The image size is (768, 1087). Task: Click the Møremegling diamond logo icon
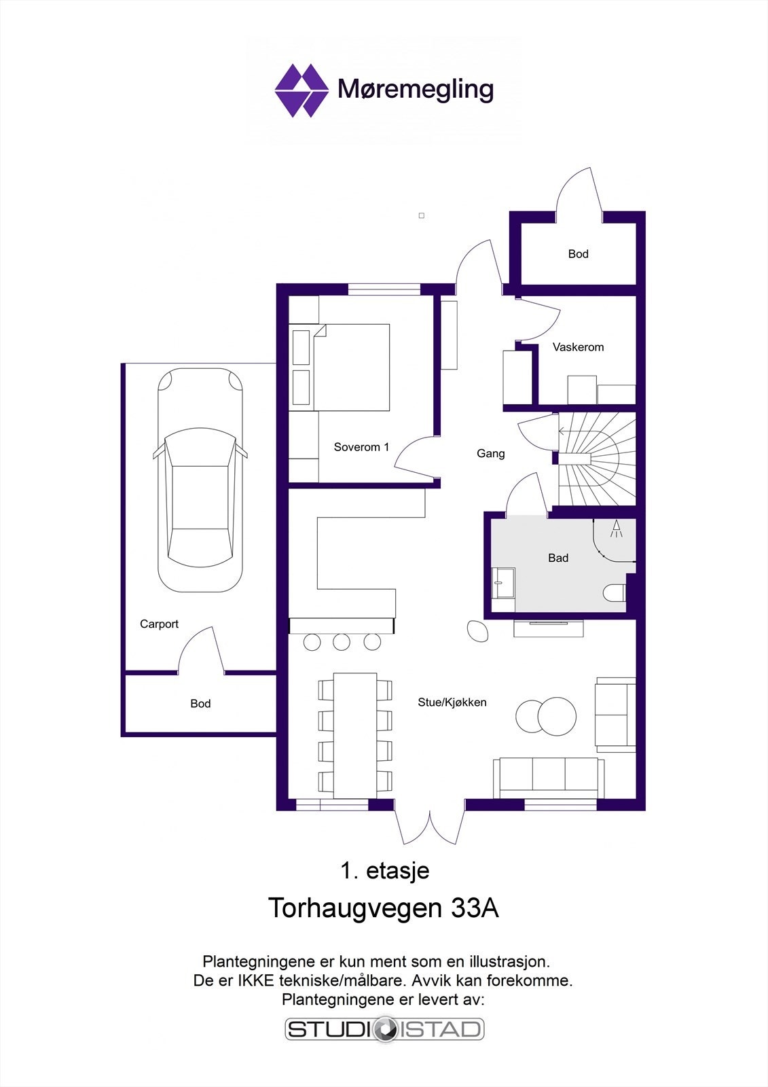(x=301, y=90)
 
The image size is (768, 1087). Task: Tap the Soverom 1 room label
(x=361, y=447)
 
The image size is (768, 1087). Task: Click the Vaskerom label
(x=578, y=347)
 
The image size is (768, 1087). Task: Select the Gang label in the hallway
(x=490, y=453)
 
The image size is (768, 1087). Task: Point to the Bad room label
(x=558, y=558)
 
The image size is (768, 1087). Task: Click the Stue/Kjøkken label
(x=452, y=702)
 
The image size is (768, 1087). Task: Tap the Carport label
(x=159, y=624)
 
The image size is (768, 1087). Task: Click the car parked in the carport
(x=200, y=479)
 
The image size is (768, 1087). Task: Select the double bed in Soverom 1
(x=352, y=367)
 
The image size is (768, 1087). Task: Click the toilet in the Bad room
(x=615, y=593)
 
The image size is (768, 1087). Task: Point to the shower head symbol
(x=617, y=529)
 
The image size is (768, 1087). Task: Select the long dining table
(x=355, y=735)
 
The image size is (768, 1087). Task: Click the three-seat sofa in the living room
(x=549, y=777)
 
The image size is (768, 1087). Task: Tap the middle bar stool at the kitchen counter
(x=342, y=641)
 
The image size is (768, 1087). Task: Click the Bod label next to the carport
(x=200, y=704)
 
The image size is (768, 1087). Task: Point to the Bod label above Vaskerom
(x=578, y=254)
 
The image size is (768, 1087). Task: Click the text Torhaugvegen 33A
(x=384, y=908)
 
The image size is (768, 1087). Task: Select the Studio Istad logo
(x=384, y=1029)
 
